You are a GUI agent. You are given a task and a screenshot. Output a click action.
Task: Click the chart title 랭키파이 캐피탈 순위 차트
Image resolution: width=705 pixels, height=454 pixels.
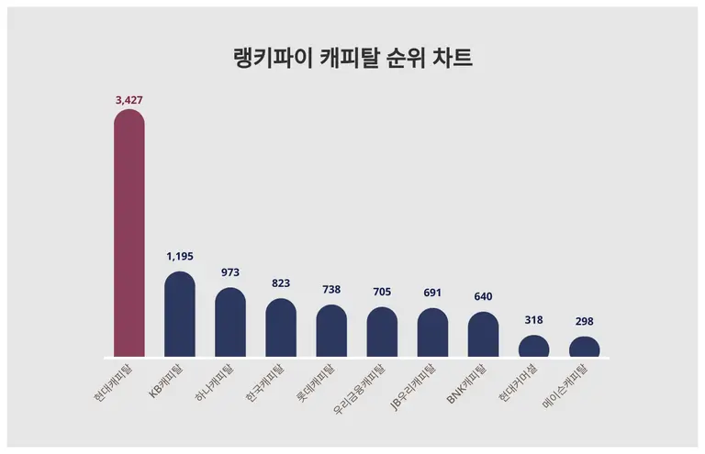352,59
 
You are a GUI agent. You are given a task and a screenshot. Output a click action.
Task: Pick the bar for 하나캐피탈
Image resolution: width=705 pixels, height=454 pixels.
230,323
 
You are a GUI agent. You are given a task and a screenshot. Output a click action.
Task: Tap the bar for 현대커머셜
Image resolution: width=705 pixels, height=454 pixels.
533,347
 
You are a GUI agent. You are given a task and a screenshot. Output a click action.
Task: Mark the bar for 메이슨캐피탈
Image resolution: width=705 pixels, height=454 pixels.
584,348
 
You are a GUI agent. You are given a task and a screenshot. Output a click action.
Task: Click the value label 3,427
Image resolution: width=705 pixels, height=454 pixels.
129,97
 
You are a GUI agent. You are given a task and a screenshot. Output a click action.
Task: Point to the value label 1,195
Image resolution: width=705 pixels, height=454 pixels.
180,257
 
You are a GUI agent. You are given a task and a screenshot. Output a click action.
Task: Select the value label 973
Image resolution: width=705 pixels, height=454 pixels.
230,272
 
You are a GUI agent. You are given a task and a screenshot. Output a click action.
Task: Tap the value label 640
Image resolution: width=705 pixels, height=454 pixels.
483,296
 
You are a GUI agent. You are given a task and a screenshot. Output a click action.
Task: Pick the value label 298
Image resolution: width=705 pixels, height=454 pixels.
584,321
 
